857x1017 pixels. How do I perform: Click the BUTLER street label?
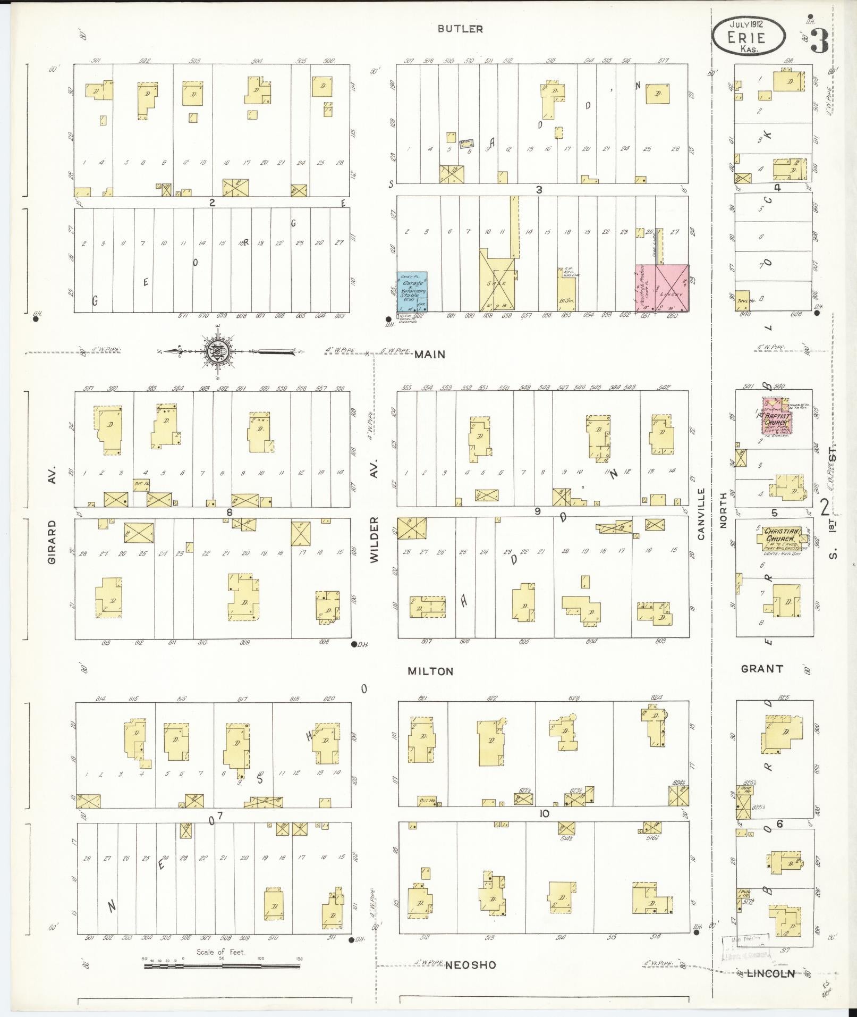tap(460, 29)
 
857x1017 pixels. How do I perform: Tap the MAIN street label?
tap(430, 354)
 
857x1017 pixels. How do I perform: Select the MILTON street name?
tap(430, 671)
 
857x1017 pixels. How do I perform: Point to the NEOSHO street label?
tap(471, 965)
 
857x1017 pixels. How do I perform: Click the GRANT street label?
tap(762, 669)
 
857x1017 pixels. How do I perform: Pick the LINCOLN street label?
tap(770, 973)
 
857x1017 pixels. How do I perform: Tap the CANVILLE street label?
tap(701, 514)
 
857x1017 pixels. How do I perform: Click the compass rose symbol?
tap(220, 351)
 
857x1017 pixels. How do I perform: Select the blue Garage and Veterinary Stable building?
tap(412, 291)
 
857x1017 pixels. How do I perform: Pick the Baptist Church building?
tap(776, 418)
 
